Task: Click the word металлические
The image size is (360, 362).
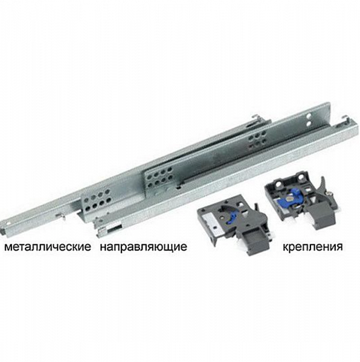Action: pyautogui.click(x=48, y=247)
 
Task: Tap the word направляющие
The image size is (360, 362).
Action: pyautogui.click(x=144, y=247)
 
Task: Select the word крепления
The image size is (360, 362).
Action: pyautogui.click(x=313, y=247)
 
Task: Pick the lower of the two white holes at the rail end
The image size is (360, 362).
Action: pyautogui.click(x=309, y=124)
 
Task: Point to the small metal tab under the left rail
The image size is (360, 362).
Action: pyautogui.click(x=60, y=217)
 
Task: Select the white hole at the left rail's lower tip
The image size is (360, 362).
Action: pyautogui.click(x=8, y=224)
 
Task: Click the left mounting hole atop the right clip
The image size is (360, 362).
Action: pyautogui.click(x=280, y=184)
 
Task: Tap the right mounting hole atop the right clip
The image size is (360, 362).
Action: pyautogui.click(x=301, y=177)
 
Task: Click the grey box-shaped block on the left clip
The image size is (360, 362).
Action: pyautogui.click(x=254, y=241)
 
